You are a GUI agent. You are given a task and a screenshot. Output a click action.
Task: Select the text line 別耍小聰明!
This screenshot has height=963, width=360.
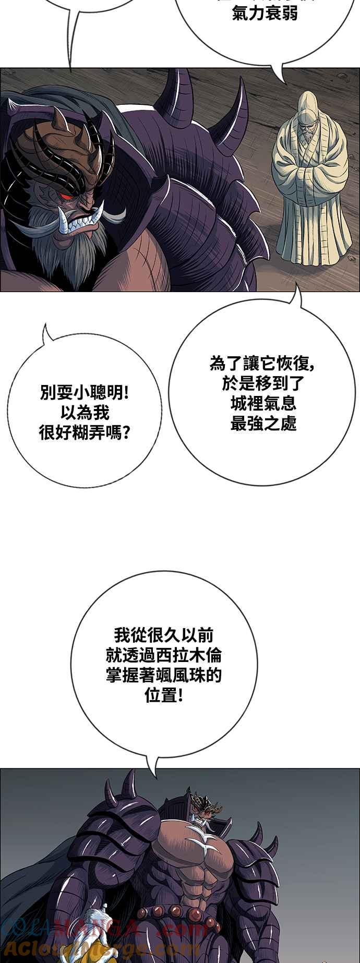pos(85,393)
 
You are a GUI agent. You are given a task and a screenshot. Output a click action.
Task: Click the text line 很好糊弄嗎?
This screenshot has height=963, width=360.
pos(85,432)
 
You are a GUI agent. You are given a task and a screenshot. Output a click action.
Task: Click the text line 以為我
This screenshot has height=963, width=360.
pos(85,413)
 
